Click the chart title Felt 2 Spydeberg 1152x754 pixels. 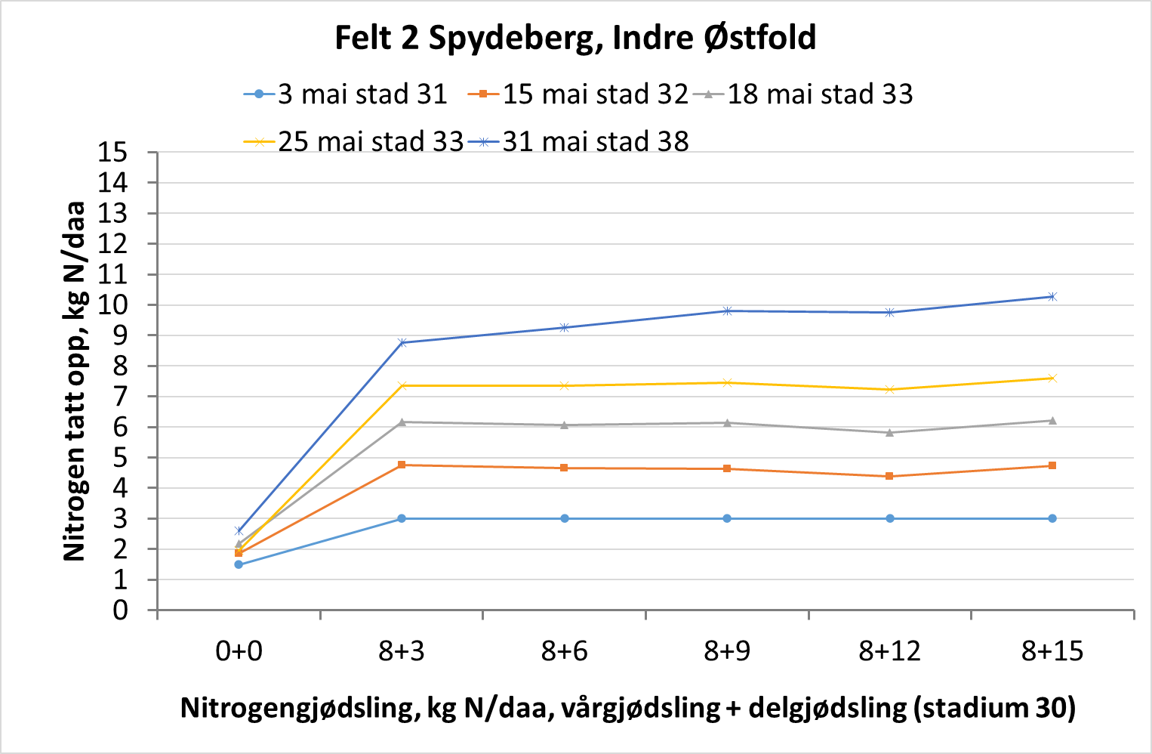575,38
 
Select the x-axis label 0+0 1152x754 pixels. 239,650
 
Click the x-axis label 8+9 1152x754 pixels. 727,650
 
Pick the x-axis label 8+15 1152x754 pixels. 1052,650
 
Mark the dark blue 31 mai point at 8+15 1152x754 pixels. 1052,297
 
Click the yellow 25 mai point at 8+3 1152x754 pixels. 402,386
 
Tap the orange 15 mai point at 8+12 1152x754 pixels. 890,476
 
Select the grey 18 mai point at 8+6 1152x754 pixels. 565,425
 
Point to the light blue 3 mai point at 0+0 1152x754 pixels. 239,564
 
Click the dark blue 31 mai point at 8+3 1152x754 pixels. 402,343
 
